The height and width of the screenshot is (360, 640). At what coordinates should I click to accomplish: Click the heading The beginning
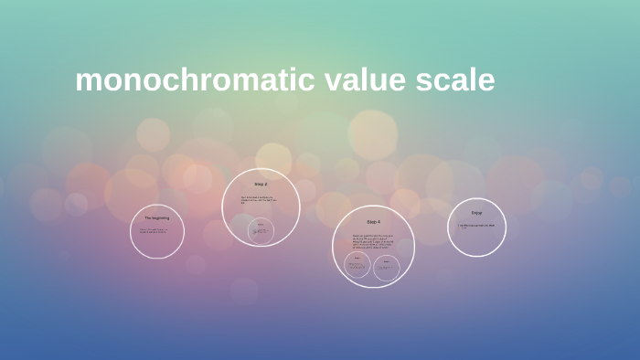click(x=156, y=217)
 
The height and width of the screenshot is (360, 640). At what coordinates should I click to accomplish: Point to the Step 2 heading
click(x=261, y=185)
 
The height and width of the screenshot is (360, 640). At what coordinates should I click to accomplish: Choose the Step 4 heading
click(x=373, y=222)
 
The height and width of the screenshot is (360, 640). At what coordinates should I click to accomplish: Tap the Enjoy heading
click(x=476, y=213)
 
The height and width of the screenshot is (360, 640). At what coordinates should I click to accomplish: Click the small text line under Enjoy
click(x=476, y=225)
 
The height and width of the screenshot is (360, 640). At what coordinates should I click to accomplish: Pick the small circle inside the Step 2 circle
click(x=261, y=231)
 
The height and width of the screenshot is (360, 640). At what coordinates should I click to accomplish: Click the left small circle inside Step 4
click(x=357, y=267)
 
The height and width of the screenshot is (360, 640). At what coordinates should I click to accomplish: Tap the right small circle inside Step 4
click(x=386, y=267)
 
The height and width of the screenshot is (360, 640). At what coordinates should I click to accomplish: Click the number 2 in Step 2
click(x=265, y=185)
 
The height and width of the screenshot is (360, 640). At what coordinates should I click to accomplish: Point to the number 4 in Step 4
click(x=379, y=222)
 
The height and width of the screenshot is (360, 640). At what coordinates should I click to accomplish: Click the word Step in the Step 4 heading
click(x=370, y=222)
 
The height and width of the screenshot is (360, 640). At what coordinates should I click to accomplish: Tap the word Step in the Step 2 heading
click(x=258, y=185)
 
